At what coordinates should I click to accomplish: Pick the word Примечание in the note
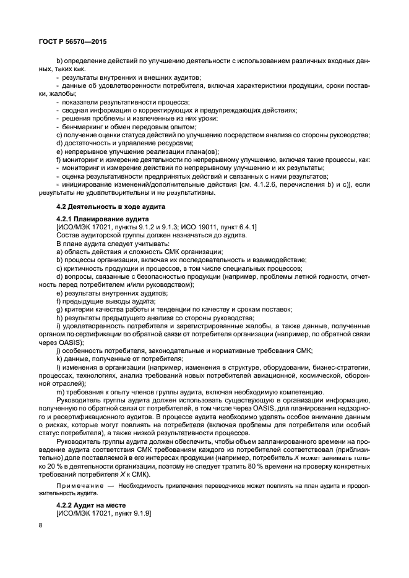pyautogui.click(x=78, y=487)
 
